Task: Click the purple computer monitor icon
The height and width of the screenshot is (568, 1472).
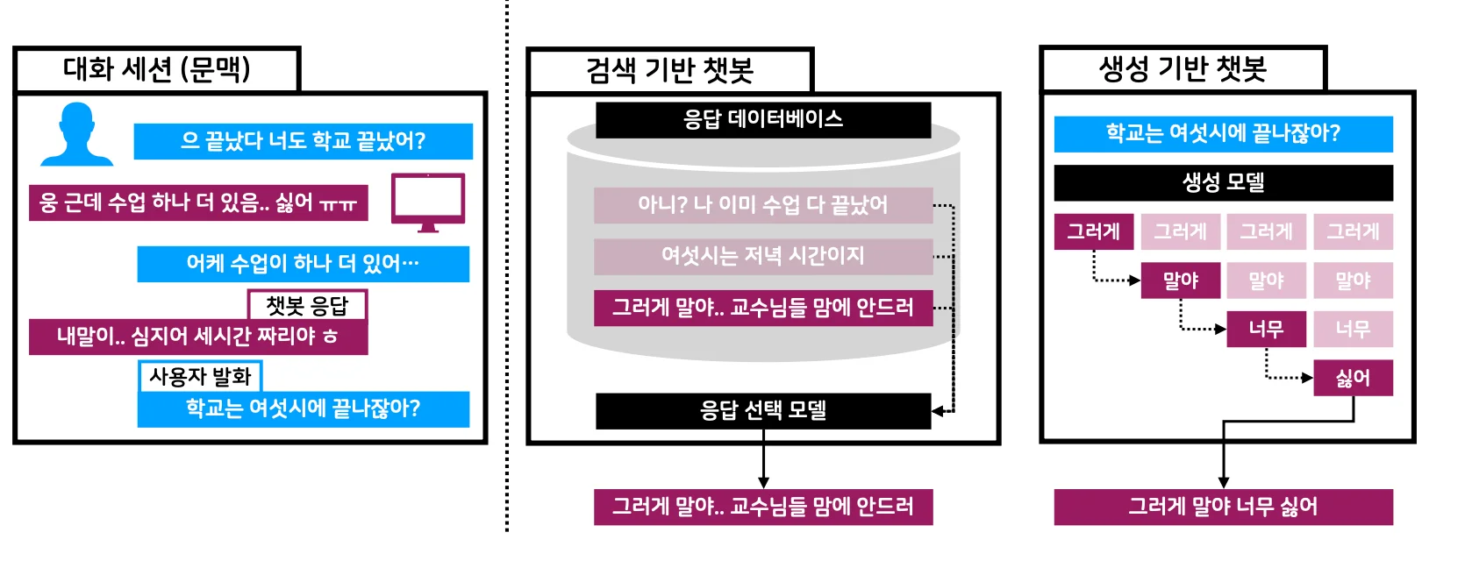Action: pyautogui.click(x=427, y=202)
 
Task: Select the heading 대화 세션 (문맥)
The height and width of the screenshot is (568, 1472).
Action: pyautogui.click(x=157, y=69)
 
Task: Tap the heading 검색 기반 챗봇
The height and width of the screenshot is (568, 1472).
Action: pyautogui.click(x=670, y=70)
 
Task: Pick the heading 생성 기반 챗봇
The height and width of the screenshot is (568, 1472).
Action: pyautogui.click(x=1183, y=68)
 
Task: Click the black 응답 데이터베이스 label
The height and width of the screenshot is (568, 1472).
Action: pyautogui.click(x=762, y=120)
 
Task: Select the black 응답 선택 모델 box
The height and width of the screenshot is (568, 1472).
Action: pyautogui.click(x=762, y=410)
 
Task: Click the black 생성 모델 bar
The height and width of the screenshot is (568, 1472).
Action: pyautogui.click(x=1223, y=182)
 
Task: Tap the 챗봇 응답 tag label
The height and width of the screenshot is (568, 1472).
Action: pyautogui.click(x=307, y=305)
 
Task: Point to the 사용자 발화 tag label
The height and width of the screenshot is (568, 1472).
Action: pyautogui.click(x=200, y=376)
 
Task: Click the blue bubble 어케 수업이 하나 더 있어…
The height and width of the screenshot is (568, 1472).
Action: pyautogui.click(x=303, y=264)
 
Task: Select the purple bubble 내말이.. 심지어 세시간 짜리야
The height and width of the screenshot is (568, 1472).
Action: pyautogui.click(x=197, y=337)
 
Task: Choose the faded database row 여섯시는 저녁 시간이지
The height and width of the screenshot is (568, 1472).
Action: pyautogui.click(x=762, y=256)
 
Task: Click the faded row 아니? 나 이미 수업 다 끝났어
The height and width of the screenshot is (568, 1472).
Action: pyautogui.click(x=762, y=205)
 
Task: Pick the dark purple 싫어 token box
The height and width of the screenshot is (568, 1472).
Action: pyautogui.click(x=1353, y=378)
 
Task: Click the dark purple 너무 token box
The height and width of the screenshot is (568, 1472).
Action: pyautogui.click(x=1266, y=329)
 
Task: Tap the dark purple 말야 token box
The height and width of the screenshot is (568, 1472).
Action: pyautogui.click(x=1180, y=280)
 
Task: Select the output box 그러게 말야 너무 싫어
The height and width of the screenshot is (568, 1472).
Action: pyautogui.click(x=1223, y=507)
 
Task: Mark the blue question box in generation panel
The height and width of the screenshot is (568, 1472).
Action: pyautogui.click(x=1223, y=133)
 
